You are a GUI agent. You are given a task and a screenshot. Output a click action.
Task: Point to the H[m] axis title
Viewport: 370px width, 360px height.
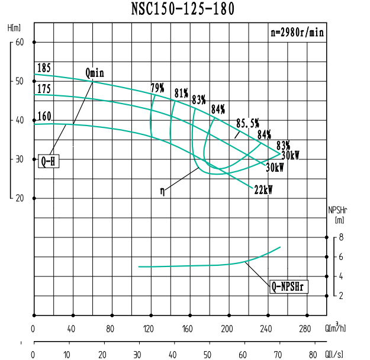pyautogui.click(x=15, y=28)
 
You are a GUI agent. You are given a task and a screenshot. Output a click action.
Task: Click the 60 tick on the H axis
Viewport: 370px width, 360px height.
pyautogui.click(x=20, y=42)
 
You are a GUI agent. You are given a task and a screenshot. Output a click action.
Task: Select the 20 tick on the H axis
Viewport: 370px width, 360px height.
pyautogui.click(x=20, y=198)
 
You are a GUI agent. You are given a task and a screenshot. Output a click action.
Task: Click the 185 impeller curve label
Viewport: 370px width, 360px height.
pyautogui.click(x=44, y=67)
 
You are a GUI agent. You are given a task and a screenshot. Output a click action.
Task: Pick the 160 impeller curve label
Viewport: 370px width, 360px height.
pyautogui.click(x=44, y=116)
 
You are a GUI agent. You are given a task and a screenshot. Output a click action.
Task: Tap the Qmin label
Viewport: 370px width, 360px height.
pyautogui.click(x=95, y=73)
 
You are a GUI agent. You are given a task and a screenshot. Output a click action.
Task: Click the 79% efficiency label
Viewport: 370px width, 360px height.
pyautogui.click(x=157, y=88)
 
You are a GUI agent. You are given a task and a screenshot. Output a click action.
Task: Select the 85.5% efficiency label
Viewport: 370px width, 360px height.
pyautogui.click(x=247, y=123)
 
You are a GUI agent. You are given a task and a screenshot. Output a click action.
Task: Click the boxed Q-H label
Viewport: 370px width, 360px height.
pyautogui.click(x=49, y=160)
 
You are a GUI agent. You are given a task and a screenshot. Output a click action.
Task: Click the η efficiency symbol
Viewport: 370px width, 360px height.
pyautogui.click(x=162, y=191)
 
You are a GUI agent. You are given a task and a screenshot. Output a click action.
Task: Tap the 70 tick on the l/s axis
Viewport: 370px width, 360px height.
pyautogui.click(x=278, y=355)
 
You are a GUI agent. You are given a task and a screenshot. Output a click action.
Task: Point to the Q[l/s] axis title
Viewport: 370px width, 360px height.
pyautogui.click(x=337, y=355)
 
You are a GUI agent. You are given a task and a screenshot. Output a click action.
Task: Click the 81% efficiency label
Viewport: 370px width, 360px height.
pyautogui.click(x=181, y=93)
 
